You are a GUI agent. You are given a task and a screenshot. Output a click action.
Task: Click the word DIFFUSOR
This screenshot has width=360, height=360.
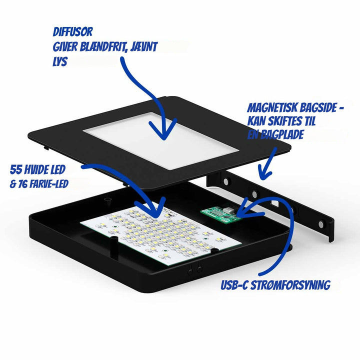73,32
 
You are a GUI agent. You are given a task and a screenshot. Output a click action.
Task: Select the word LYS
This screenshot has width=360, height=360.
60,61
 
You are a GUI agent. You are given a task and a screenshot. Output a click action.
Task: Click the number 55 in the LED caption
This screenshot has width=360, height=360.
16,169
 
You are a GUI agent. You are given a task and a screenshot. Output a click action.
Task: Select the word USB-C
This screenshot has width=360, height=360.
234,285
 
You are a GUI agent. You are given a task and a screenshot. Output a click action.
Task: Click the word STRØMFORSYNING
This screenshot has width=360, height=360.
290,285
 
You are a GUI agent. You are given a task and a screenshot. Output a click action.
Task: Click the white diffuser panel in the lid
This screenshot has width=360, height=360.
160,140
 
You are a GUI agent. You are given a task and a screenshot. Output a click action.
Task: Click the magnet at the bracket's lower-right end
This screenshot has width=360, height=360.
321,224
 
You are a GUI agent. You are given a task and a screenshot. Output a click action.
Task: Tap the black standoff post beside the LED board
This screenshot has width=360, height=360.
114,247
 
